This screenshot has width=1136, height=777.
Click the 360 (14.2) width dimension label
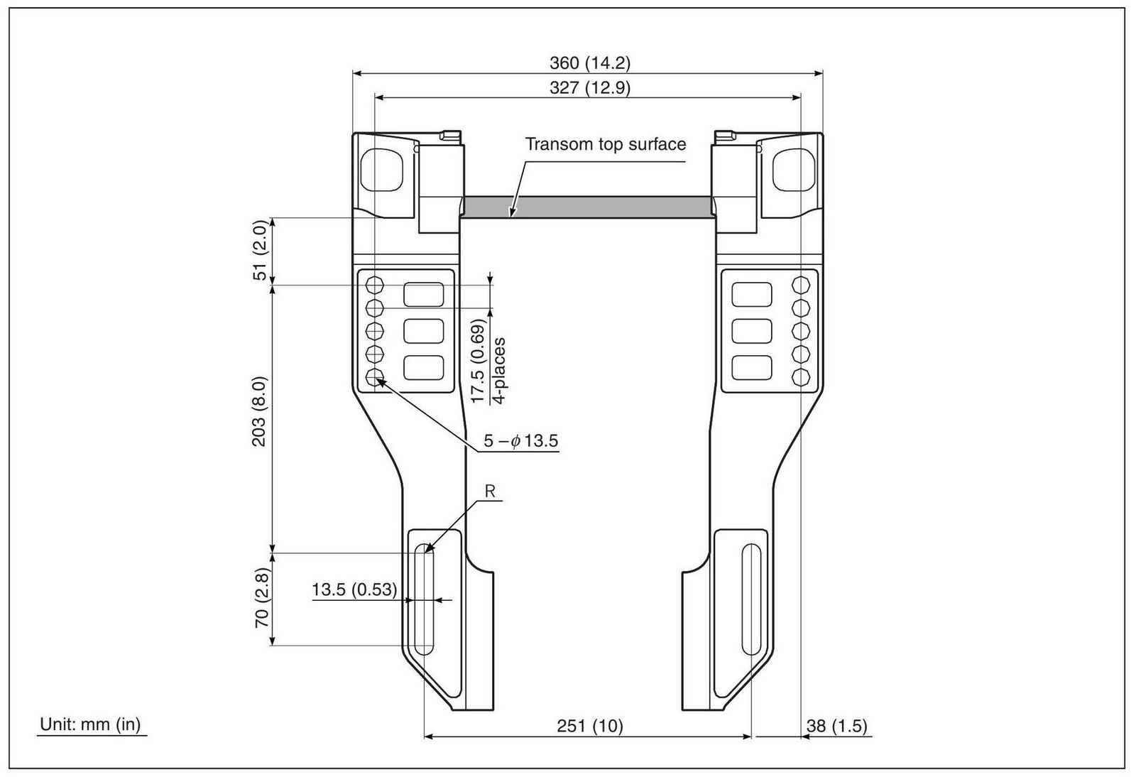pos(590,63)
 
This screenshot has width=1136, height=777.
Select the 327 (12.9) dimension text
pos(590,88)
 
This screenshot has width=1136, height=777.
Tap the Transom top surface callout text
pos(605,144)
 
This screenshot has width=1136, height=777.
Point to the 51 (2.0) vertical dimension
pos(260,250)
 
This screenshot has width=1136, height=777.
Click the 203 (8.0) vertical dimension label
pos(259,411)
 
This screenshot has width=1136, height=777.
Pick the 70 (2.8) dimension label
pos(262,598)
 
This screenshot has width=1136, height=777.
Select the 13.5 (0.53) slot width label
pos(354,589)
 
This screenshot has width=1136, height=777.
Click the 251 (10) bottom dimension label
pos(590,726)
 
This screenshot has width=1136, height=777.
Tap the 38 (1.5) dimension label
pos(837,726)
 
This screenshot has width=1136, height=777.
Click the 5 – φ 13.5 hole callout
pos(521,441)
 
